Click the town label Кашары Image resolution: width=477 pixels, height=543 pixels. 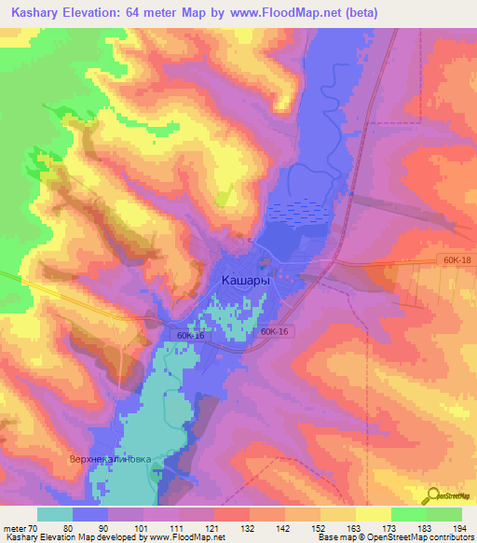[247, 279]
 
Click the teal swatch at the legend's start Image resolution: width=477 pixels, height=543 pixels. [54, 515]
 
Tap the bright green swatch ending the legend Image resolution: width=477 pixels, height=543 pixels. [444, 515]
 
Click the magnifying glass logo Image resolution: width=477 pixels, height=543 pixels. [435, 495]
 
